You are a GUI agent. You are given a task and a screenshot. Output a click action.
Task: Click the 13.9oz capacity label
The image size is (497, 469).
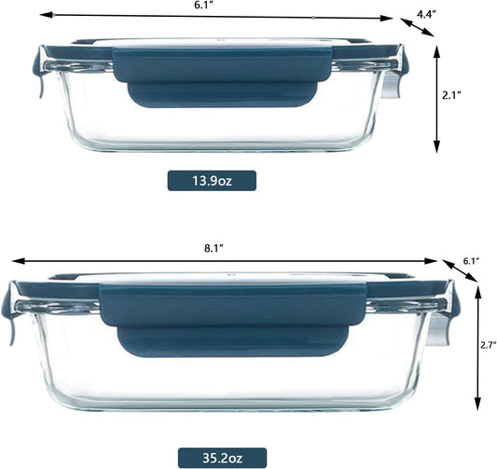tap(212, 181)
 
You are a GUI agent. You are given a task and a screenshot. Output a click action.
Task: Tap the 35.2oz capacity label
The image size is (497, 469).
tap(222, 458)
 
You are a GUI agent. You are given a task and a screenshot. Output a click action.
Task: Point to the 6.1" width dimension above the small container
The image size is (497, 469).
tap(203, 6)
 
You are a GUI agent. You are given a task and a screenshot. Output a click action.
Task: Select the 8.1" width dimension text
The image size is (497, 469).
tap(214, 249)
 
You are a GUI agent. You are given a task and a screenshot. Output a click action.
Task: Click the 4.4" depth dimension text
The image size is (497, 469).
tap(426, 14)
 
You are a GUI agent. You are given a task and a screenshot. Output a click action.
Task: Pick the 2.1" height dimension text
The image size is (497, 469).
tap(451, 95)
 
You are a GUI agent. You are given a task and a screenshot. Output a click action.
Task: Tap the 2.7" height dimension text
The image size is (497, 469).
tap(488, 345)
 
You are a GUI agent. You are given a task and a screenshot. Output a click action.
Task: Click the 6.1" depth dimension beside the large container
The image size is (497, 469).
tap(471, 261)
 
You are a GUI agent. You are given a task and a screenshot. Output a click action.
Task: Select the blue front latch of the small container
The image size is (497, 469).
tap(222, 77)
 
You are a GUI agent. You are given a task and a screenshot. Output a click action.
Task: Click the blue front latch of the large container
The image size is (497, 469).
tap(233, 321)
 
